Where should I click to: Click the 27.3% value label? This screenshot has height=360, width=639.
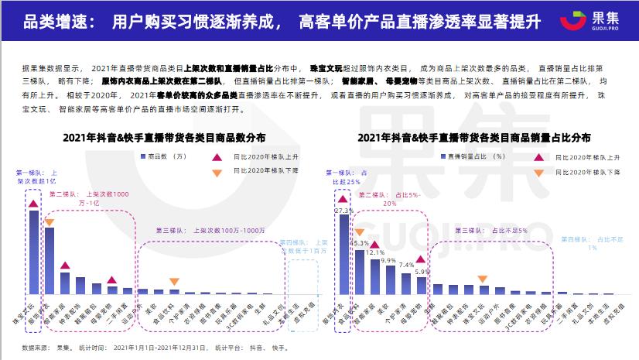pos(343,210)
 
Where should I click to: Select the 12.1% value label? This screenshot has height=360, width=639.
pos(374,252)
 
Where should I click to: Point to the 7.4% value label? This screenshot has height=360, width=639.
pos(406,265)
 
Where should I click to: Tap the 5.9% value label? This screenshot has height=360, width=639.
pos(422,272)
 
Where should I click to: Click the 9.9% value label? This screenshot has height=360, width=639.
pos(389,260)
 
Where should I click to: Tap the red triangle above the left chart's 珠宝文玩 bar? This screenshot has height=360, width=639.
pos(33,204)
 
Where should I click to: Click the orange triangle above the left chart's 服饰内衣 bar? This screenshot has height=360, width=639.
pos(49,223)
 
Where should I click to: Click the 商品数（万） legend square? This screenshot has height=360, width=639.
pos(139,156)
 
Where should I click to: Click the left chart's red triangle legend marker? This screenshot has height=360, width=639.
pos(216,156)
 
